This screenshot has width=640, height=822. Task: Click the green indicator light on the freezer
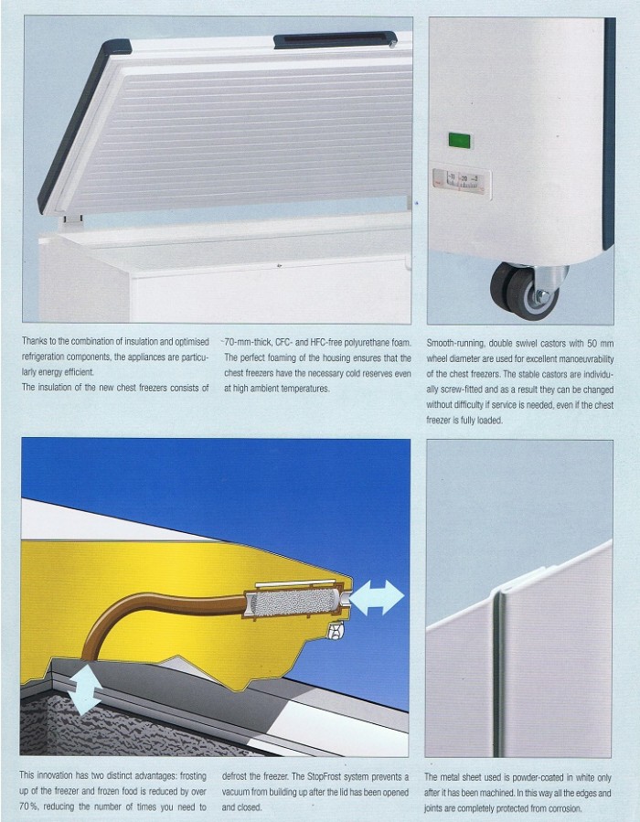pos(460,141)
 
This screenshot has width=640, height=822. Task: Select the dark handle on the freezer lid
pos(335,39)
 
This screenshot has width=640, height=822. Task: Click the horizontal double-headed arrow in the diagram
pos(377,597)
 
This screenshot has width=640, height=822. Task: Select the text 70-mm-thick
pos(248,342)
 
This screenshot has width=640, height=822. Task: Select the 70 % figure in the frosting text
pos(28,806)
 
